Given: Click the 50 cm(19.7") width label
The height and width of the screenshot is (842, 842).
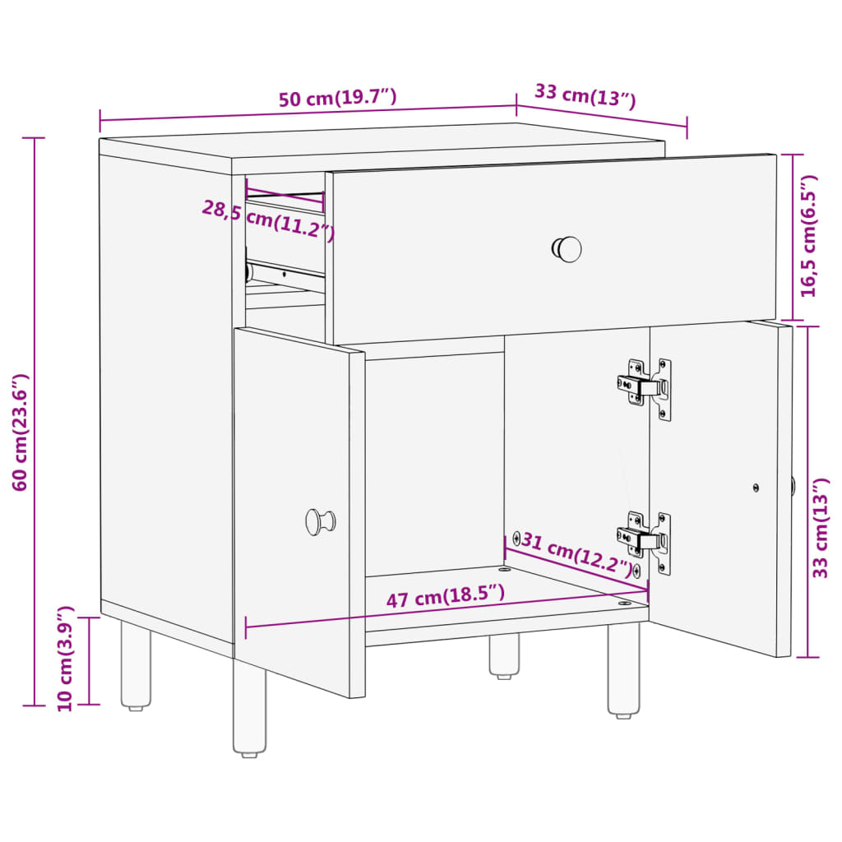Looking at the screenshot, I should (x=337, y=99).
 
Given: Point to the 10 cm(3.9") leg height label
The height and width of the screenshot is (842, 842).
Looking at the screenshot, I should (x=66, y=658).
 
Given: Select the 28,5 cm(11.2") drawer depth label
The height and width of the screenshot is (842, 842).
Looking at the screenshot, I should (x=268, y=220).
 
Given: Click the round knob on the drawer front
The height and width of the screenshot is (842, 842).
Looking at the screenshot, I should (x=567, y=249).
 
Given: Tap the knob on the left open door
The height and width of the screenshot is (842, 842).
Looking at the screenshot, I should (x=319, y=521).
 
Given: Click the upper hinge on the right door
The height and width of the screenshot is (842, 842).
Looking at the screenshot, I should (x=646, y=385).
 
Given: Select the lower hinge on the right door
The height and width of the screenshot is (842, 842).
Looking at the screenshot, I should (x=646, y=539).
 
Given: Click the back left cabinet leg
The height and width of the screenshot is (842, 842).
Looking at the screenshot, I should (x=136, y=666).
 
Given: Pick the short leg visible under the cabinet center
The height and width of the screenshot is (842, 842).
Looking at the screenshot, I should (x=504, y=655).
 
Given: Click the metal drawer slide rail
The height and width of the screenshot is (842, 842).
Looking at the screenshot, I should (x=284, y=274).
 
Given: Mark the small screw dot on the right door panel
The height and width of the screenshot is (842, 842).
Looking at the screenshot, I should (x=756, y=488).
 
